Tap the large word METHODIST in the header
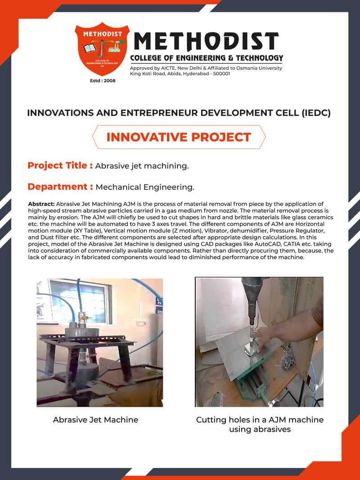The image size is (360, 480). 207,41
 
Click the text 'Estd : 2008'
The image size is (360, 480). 103,81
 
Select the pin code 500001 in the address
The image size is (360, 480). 222,74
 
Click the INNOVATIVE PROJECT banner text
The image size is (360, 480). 179,137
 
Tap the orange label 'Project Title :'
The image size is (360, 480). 60,166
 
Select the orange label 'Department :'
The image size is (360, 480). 60,187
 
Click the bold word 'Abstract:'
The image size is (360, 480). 41,204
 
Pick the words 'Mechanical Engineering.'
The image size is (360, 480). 145,187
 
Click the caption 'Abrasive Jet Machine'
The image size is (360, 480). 95,419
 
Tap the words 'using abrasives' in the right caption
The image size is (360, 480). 260,429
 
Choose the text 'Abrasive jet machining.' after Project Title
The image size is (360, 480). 142,166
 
